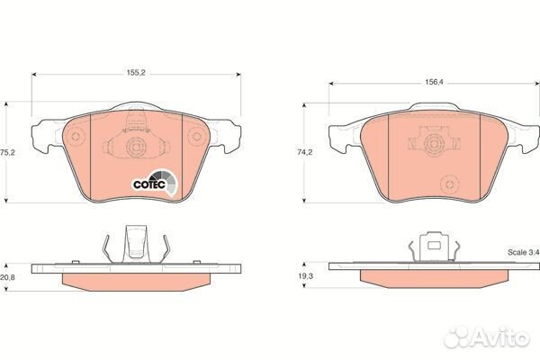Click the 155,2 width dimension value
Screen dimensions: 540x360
136,73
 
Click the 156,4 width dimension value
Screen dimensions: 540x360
435,82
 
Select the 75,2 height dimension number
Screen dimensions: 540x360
7,152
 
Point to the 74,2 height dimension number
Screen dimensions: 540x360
305,152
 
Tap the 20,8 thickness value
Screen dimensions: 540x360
7,277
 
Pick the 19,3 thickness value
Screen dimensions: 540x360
305,276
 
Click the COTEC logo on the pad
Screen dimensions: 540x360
155,183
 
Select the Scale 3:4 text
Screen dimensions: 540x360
524,252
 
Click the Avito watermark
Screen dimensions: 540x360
486,337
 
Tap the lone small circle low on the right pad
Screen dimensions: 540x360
449,184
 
